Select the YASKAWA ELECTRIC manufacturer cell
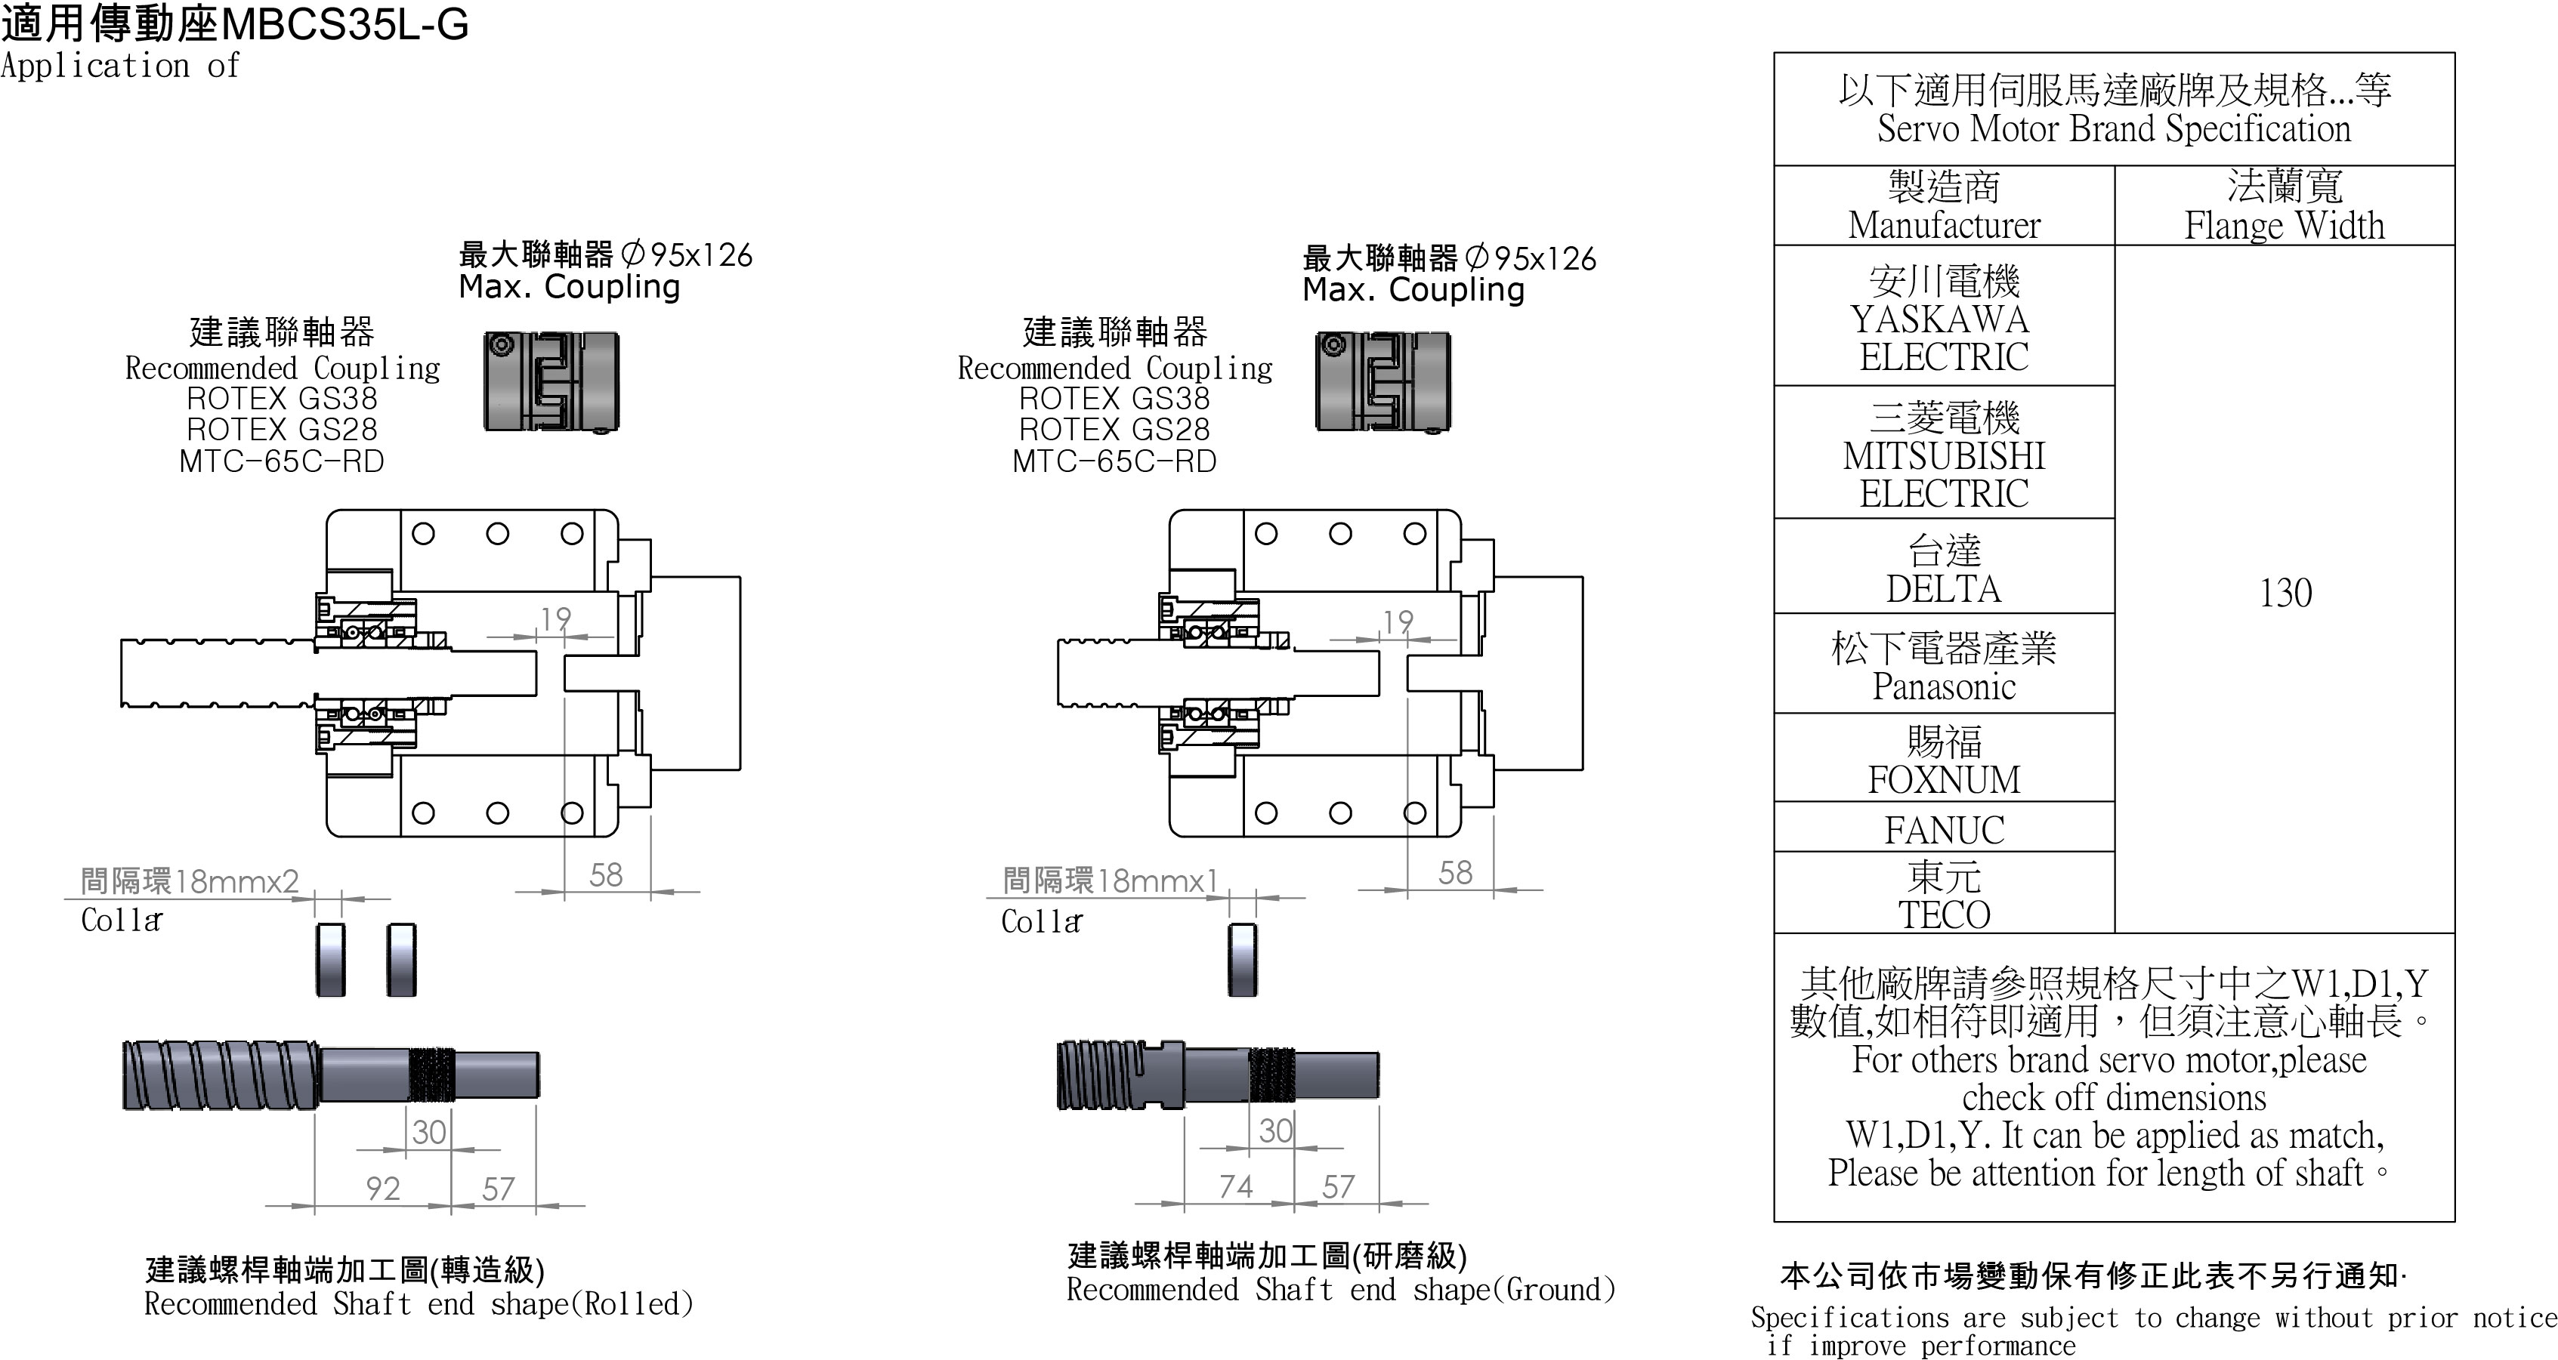[1943, 318]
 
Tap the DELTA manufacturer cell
[1943, 569]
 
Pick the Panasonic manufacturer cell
[1943, 666]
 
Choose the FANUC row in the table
[1943, 829]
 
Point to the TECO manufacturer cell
[1943, 896]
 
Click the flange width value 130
[2285, 593]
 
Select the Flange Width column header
[2284, 206]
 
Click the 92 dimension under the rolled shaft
[382, 1189]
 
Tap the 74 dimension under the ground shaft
[1235, 1186]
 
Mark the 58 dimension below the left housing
[606, 874]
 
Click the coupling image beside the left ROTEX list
[551, 382]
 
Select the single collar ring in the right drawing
[1241, 960]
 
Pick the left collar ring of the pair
[331, 960]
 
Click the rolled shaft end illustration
[331, 1074]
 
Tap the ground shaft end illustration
[1218, 1074]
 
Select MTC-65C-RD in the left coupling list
[281, 461]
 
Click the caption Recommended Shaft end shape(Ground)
[1340, 1290]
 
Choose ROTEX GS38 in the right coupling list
[1114, 399]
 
